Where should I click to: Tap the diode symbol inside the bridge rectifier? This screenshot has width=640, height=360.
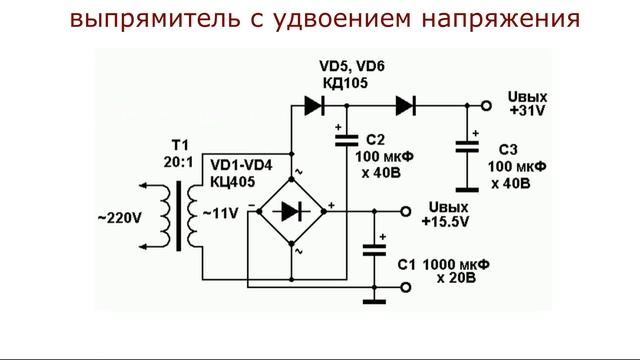pos(291,211)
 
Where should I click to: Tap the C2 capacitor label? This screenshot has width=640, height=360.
pos(376,139)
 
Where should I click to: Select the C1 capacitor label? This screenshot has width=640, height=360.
pos(405,265)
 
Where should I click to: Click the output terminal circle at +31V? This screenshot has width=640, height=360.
pos(485,104)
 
